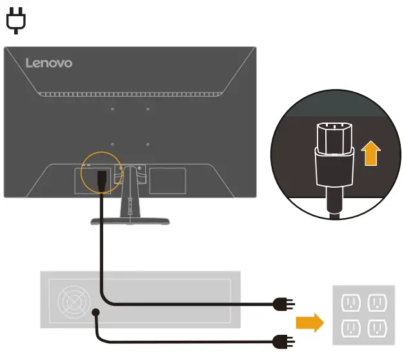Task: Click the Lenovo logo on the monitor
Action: (49, 63)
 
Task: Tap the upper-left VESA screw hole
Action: (112, 110)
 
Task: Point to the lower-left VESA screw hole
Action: (112, 145)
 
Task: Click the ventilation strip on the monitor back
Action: (130, 94)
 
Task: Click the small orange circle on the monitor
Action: (102, 171)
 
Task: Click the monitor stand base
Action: (130, 221)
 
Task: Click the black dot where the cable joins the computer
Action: (96, 313)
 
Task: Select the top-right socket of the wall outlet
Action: (378, 302)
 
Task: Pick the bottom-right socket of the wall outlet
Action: (378, 329)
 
